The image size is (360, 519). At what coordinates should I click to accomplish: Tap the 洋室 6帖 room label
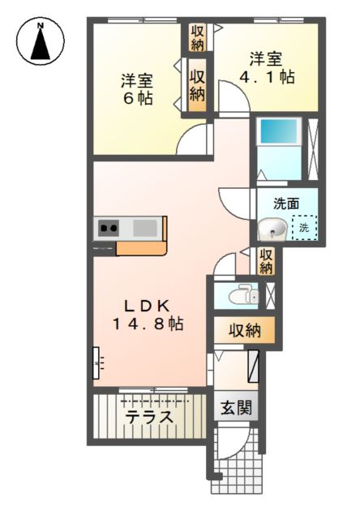(x=137, y=89)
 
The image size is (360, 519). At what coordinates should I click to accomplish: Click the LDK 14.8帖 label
(x=148, y=315)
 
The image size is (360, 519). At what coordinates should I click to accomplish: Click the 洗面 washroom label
(x=285, y=204)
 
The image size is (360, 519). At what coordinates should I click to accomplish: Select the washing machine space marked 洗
(x=304, y=228)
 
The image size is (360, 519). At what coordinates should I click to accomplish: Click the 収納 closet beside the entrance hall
(x=244, y=330)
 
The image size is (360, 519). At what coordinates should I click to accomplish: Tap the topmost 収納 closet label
(x=197, y=37)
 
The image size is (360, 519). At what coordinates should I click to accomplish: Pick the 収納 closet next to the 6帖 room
(x=197, y=84)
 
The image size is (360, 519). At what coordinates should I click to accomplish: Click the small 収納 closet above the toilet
(x=265, y=261)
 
